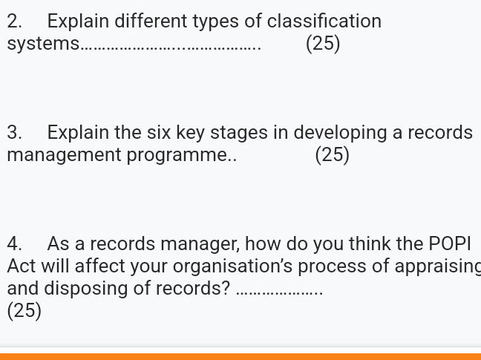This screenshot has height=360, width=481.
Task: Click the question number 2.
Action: (x=13, y=22)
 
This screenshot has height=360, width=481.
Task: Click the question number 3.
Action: (x=13, y=133)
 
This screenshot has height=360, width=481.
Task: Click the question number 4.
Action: (x=13, y=244)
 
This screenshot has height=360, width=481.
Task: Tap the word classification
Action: (x=324, y=22)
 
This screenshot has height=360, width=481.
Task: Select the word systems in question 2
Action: (x=42, y=44)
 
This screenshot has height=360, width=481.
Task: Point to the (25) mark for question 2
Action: (x=323, y=44)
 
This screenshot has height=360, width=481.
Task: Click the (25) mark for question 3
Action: (x=332, y=155)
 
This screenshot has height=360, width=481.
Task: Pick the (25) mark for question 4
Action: (x=24, y=310)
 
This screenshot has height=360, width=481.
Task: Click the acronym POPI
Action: (x=450, y=244)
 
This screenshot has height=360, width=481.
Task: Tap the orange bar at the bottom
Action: (x=240, y=356)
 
